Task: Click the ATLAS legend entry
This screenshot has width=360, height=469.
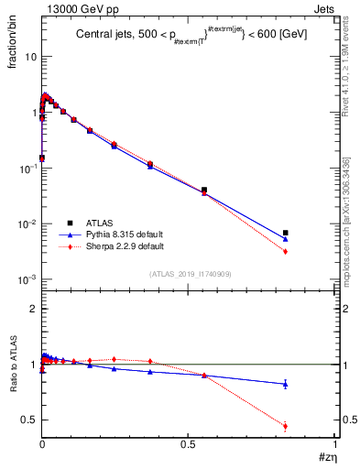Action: (99, 223)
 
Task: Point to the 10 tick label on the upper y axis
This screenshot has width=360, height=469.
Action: (29, 57)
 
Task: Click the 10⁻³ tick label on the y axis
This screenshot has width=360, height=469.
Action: (27, 279)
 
